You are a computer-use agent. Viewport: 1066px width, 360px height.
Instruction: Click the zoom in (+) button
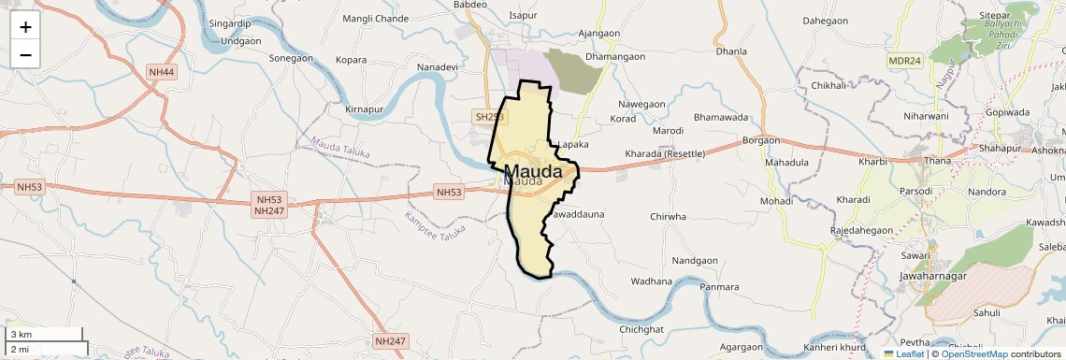click(x=25, y=26)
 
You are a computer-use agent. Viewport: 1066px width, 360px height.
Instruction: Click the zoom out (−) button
click(x=25, y=54)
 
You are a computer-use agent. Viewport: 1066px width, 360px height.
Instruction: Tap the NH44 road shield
click(x=162, y=72)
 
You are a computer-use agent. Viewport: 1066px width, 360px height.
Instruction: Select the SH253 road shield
click(x=489, y=117)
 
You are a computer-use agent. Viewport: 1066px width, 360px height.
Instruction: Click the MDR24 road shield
click(x=904, y=61)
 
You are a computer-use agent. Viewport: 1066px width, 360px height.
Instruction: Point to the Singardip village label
click(x=230, y=22)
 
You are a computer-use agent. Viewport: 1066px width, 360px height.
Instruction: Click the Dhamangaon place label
click(x=614, y=57)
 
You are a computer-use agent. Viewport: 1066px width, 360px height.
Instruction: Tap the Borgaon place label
click(x=760, y=140)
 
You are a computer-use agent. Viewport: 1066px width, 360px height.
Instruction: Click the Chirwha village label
click(x=669, y=216)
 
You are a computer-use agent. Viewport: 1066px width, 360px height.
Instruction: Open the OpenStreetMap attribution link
click(x=973, y=353)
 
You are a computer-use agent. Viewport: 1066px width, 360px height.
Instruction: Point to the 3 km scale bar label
click(x=21, y=334)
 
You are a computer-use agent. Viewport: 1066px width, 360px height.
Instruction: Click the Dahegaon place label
click(x=825, y=20)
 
